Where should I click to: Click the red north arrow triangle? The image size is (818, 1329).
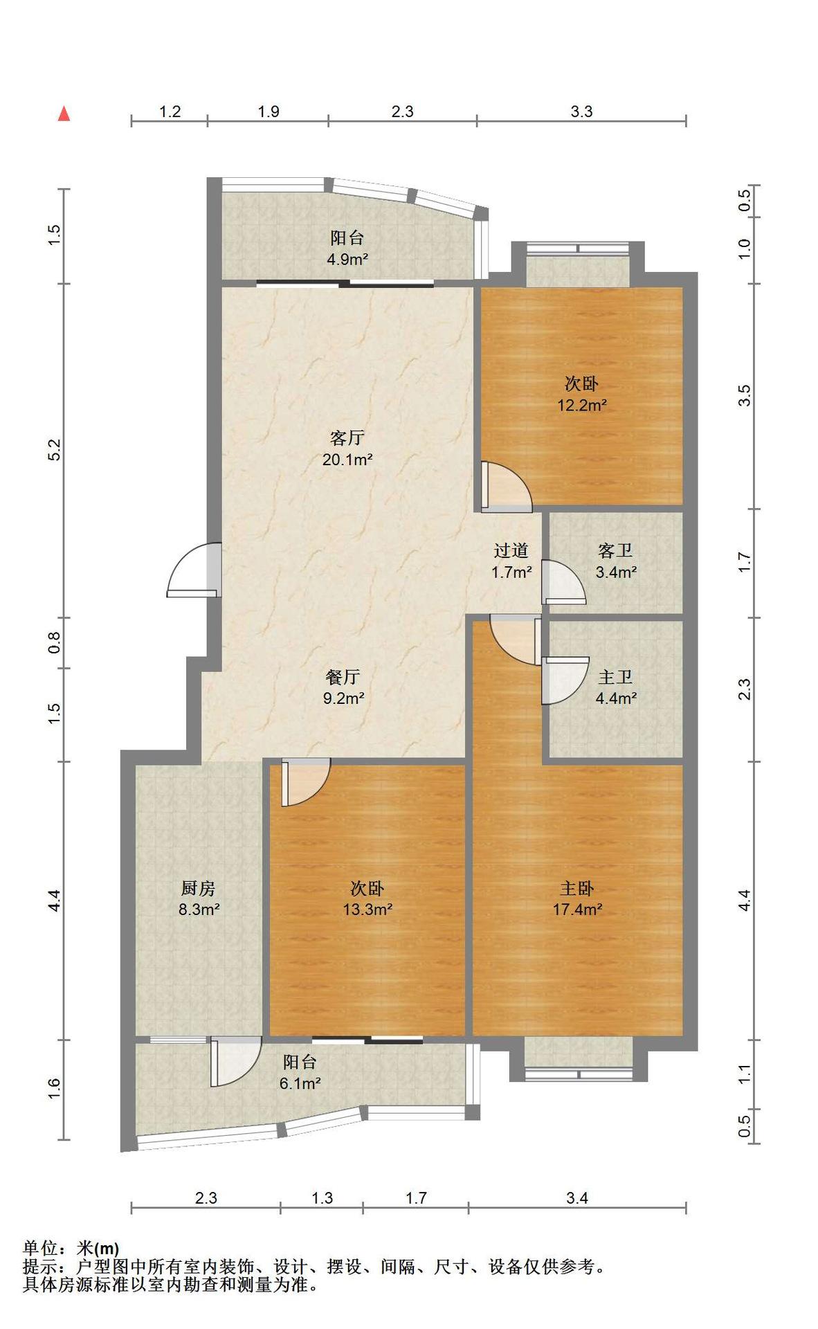pyautogui.click(x=64, y=114)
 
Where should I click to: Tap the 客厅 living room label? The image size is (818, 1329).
pyautogui.click(x=347, y=437)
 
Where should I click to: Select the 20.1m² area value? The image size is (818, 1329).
pyautogui.click(x=347, y=459)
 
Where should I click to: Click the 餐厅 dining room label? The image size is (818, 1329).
pyautogui.click(x=343, y=676)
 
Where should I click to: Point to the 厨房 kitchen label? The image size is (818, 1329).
pyautogui.click(x=199, y=887)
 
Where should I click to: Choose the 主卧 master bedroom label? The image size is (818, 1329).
pyautogui.click(x=576, y=887)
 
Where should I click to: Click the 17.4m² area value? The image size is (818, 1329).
pyautogui.click(x=577, y=909)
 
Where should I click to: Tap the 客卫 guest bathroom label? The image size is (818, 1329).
pyautogui.click(x=615, y=551)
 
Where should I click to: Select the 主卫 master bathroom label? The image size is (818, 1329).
pyautogui.click(x=615, y=676)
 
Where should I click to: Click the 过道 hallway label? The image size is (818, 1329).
pyautogui.click(x=511, y=550)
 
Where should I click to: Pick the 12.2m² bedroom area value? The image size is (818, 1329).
pyautogui.click(x=582, y=405)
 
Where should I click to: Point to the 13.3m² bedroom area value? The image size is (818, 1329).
pyautogui.click(x=367, y=909)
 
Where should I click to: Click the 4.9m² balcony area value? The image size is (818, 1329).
pyautogui.click(x=347, y=260)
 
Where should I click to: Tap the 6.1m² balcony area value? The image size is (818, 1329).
pyautogui.click(x=300, y=1083)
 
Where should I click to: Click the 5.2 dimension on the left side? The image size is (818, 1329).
pyautogui.click(x=55, y=450)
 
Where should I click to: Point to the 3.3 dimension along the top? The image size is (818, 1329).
pyautogui.click(x=581, y=111)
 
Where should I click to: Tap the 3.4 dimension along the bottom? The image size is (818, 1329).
pyautogui.click(x=576, y=1197)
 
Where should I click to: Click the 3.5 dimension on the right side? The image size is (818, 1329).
pyautogui.click(x=744, y=395)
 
